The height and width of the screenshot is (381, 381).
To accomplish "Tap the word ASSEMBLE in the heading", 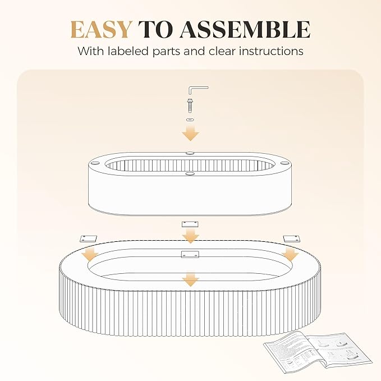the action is (245, 30).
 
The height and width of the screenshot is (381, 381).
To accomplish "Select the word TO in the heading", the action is (155, 30).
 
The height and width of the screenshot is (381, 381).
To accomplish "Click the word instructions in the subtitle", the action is (271, 51).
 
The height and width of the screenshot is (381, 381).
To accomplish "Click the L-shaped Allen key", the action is (198, 90).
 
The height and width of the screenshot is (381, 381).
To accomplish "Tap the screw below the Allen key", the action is (190, 105).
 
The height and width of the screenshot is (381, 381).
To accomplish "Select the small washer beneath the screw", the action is (190, 120).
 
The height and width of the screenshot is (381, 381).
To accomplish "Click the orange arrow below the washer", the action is (191, 133).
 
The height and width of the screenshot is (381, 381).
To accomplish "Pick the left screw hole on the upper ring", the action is (95, 163).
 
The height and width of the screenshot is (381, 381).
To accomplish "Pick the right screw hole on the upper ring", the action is (283, 163).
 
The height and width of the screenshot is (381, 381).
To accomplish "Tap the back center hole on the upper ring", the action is (190, 153).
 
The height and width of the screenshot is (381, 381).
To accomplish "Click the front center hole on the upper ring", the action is (190, 173).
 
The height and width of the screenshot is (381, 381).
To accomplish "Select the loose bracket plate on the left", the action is (88, 238).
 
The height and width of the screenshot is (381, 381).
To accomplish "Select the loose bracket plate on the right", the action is (291, 238).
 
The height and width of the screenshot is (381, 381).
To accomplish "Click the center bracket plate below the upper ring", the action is (190, 224).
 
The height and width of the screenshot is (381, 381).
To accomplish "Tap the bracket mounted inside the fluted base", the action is (190, 254).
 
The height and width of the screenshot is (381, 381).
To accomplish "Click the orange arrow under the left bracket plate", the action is (90, 254).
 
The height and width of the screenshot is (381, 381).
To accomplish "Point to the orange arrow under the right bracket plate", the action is (290, 254).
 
